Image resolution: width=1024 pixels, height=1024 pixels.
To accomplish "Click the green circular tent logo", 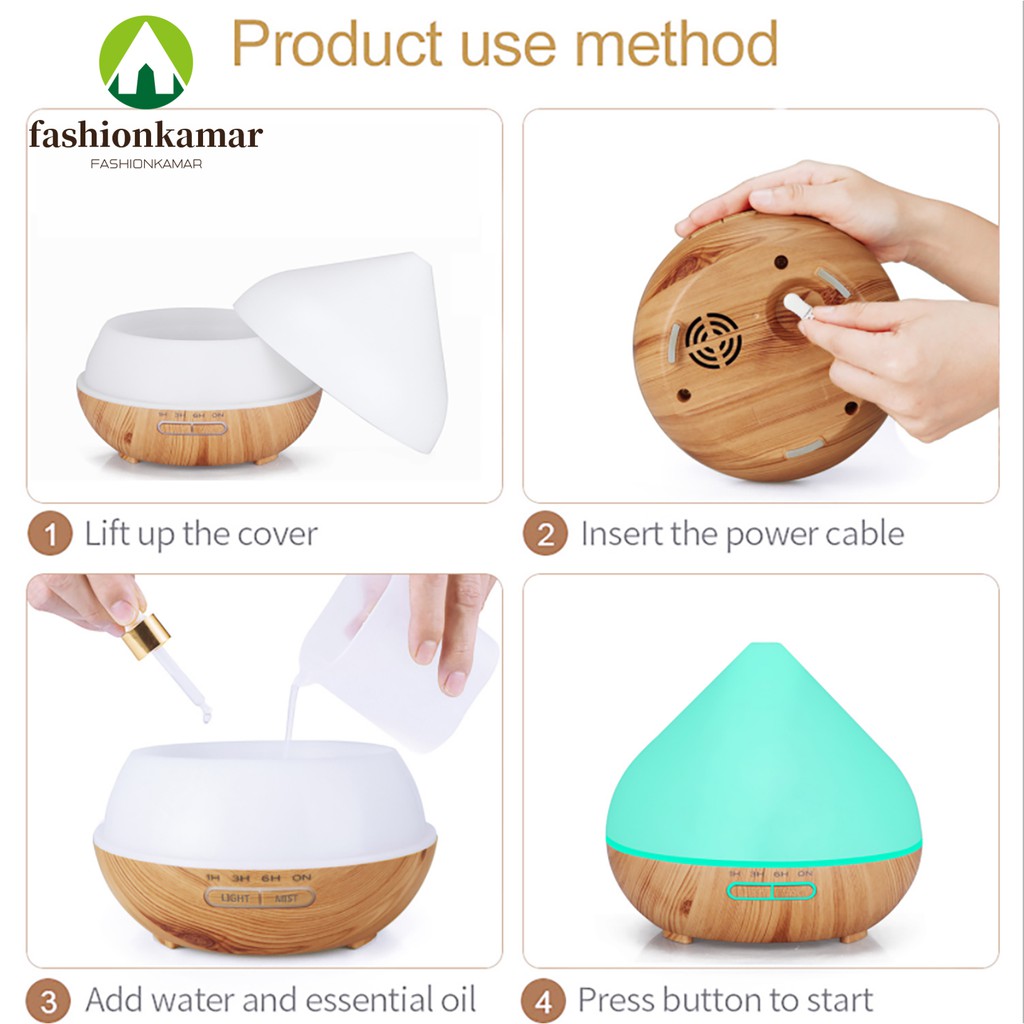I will coord(145,62).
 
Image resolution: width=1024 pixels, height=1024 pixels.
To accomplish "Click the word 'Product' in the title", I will coord(335,44).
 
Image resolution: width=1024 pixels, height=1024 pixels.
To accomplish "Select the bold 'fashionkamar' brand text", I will coord(146,135).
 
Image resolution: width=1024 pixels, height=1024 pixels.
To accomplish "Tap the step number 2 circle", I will coord(545,534).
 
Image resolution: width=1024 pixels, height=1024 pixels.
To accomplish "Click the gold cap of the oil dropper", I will coord(146,635).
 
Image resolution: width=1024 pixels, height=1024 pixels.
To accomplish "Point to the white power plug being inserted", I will coord(798,306).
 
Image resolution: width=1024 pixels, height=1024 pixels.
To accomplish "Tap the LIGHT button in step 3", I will coord(234,898).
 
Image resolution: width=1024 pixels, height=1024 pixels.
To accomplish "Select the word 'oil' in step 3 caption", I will coord(460,1000).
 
